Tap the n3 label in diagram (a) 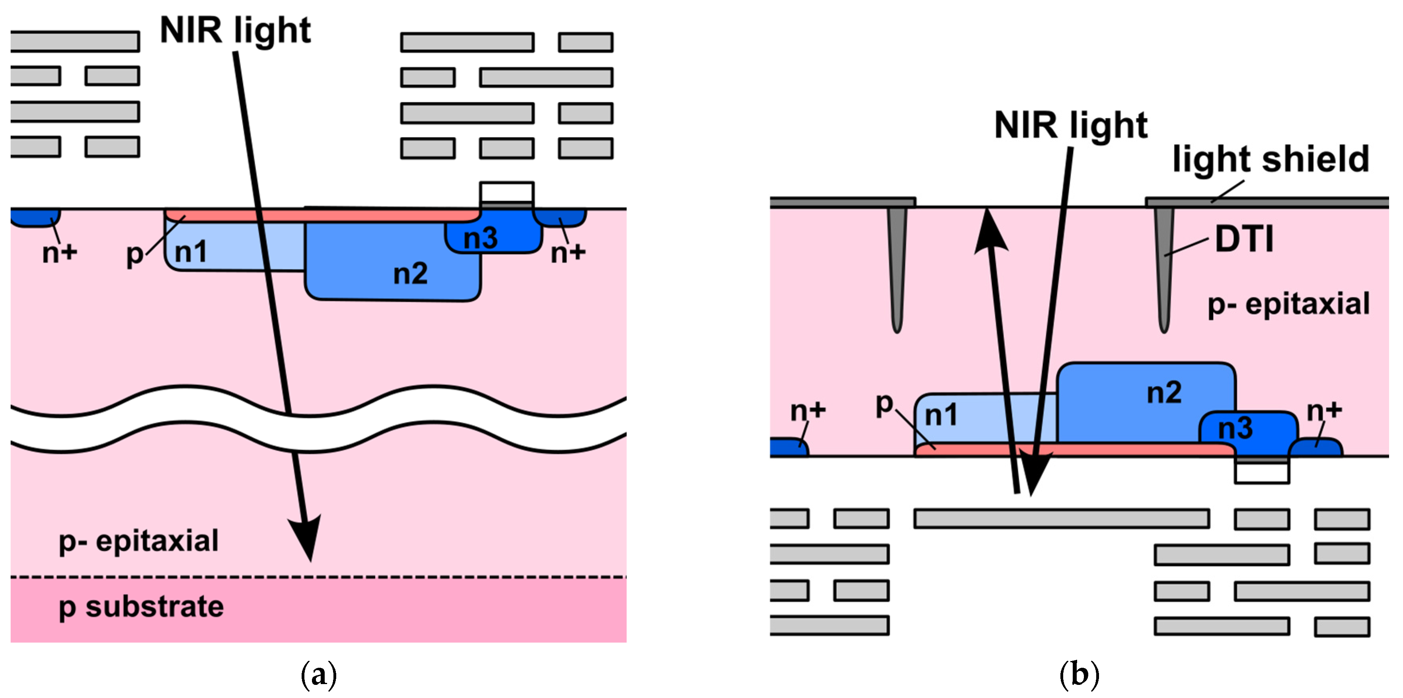480,238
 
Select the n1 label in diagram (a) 191,251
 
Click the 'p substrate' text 141,607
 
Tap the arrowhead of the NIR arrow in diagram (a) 306,536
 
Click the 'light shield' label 1270,159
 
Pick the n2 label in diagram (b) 1164,393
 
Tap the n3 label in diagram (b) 1235,428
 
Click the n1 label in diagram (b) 941,416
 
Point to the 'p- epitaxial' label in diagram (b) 1288,304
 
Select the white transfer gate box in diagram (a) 507,192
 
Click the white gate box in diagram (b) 1261,472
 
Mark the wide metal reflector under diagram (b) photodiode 1061,518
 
